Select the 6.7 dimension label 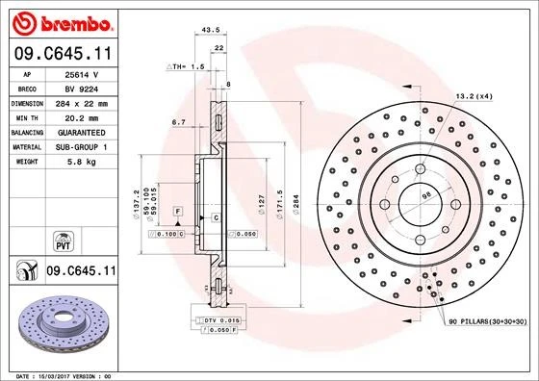tap(178, 122)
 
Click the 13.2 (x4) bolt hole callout tap(473, 96)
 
